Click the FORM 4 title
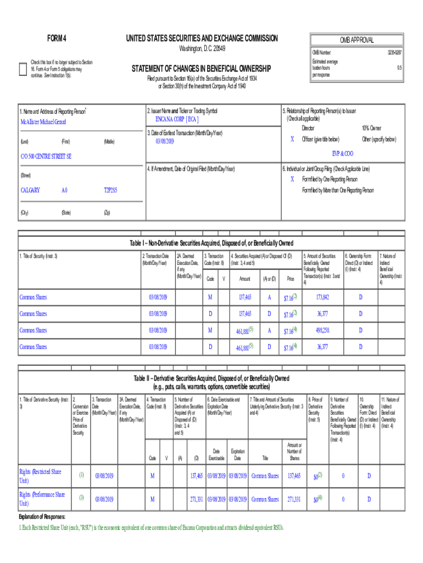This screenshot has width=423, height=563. pos(57,38)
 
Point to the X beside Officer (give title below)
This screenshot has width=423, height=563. pos(292,140)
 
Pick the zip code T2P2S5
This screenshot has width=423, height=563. pos(110,190)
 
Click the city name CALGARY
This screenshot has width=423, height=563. pos(30,190)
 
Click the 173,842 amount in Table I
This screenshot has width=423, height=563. pos(322,297)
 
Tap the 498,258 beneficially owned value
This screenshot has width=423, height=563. pos(322,330)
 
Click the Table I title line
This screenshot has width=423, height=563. pos(211,243)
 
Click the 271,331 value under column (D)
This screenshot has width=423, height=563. pos(196,499)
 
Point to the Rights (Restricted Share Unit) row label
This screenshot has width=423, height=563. pos(41,476)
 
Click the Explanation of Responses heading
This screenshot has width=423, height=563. pos(42,517)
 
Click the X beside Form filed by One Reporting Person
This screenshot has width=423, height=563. pos(292,179)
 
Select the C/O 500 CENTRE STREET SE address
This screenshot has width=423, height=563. pos(46,157)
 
